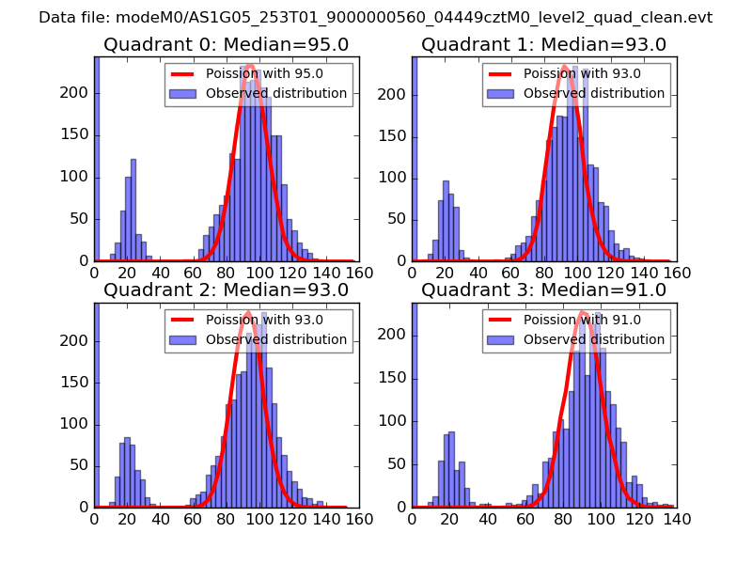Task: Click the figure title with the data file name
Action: (x=376, y=18)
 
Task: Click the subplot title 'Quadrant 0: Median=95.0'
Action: (x=226, y=45)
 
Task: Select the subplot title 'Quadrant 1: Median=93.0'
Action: (x=543, y=45)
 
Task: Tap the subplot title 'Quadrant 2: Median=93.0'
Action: (x=226, y=290)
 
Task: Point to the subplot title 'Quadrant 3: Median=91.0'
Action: (x=543, y=290)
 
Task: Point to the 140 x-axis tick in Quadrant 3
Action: (x=677, y=519)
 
